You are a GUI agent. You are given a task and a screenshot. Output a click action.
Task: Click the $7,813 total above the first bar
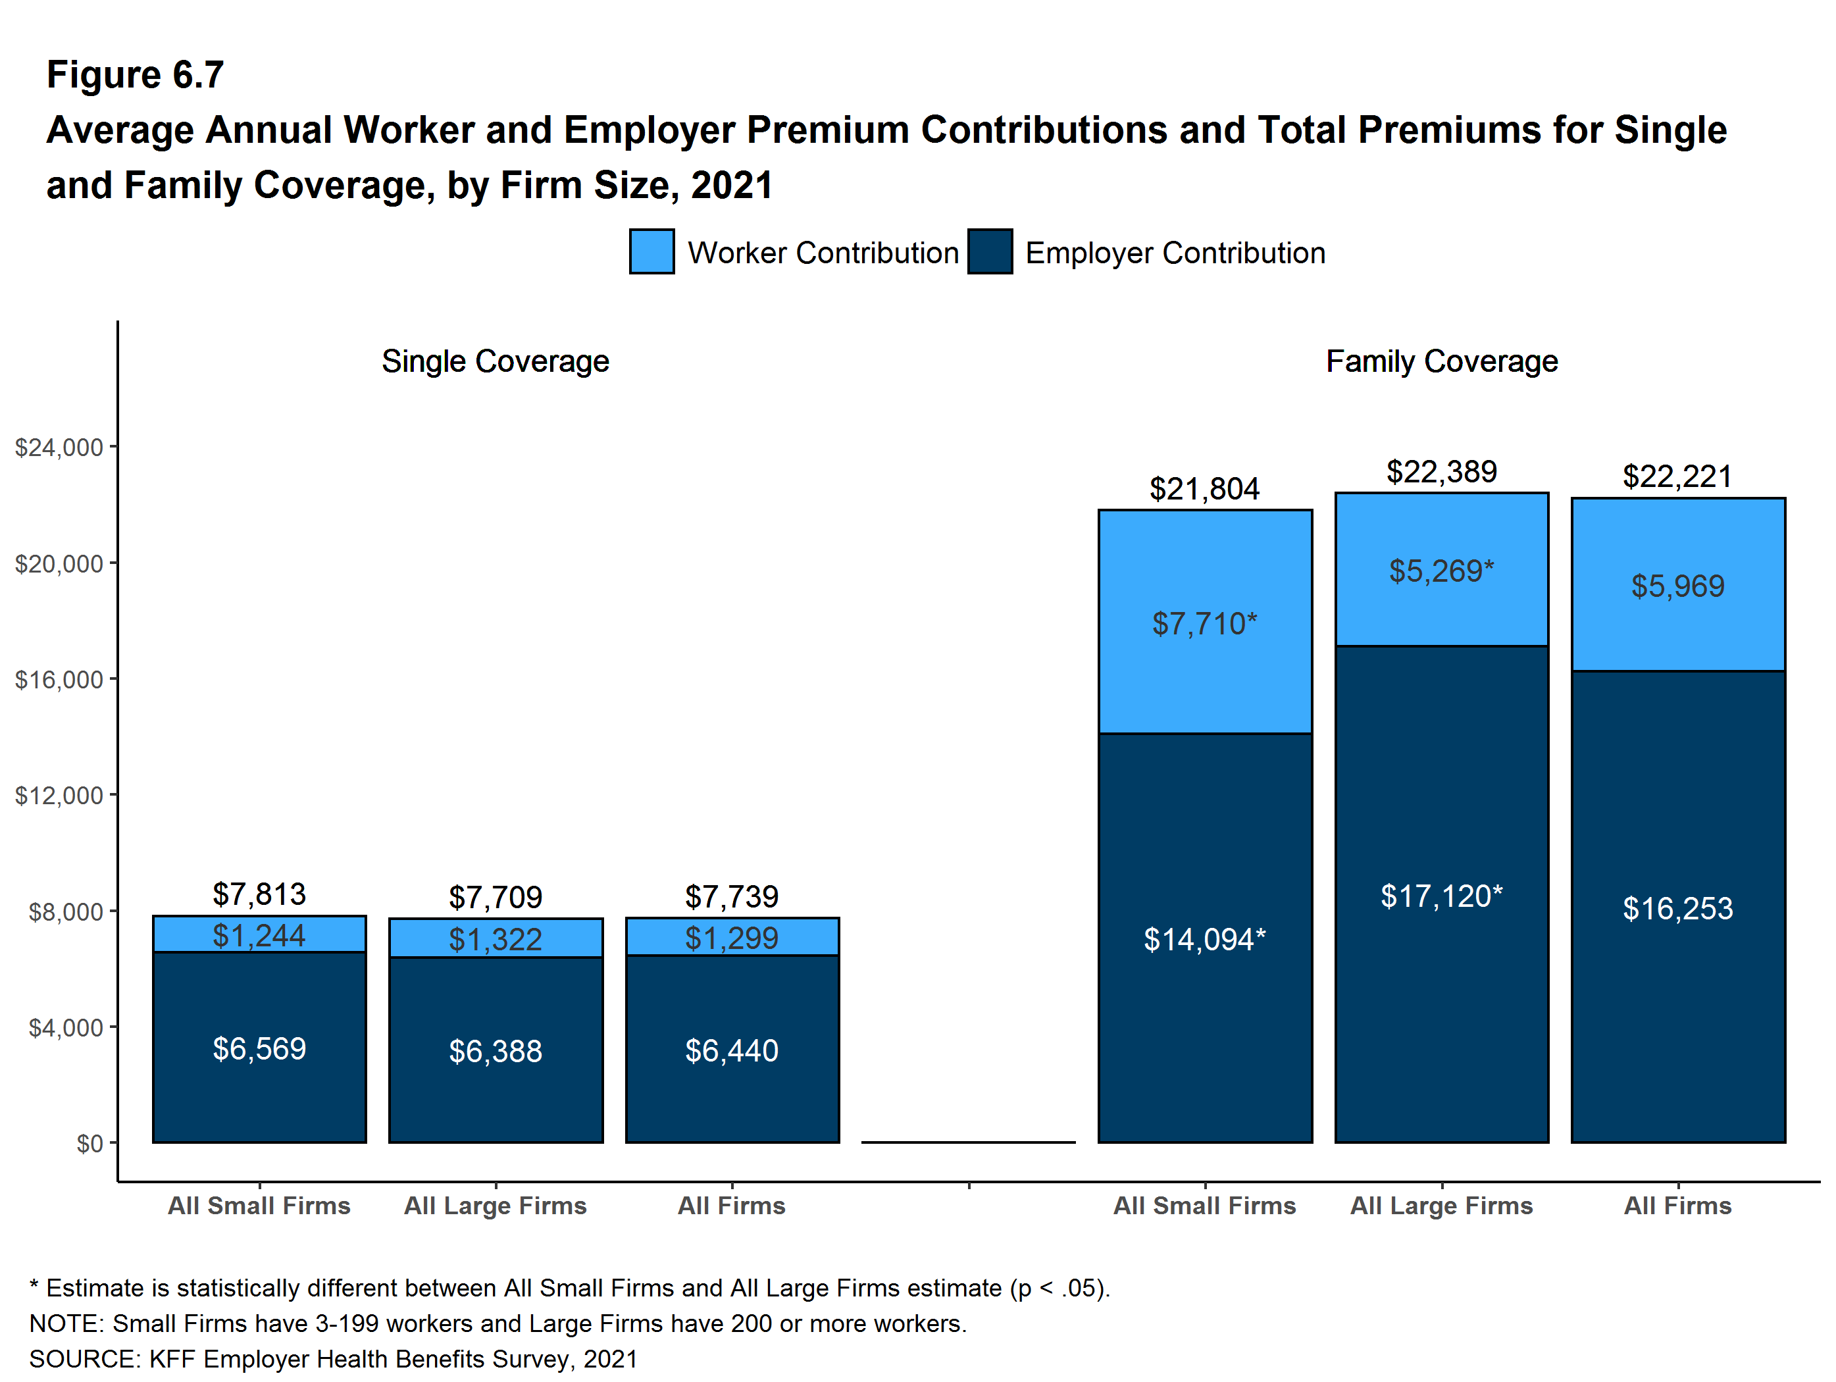[259, 894]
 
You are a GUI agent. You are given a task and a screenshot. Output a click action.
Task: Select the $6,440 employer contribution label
[731, 1051]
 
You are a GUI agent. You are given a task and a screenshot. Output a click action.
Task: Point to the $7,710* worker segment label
[1204, 623]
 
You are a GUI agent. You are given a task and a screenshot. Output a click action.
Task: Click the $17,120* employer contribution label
[1441, 896]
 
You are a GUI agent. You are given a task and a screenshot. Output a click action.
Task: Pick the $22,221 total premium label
[1677, 476]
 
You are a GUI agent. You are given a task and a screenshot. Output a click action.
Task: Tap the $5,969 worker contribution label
[1677, 586]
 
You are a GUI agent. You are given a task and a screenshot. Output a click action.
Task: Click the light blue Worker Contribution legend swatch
[651, 251]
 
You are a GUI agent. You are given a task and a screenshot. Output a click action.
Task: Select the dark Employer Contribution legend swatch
[989, 251]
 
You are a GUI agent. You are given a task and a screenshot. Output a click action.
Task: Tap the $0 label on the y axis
[89, 1144]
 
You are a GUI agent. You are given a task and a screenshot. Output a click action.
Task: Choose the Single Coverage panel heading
[496, 361]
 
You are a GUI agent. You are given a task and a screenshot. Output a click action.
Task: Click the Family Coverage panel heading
[1442, 361]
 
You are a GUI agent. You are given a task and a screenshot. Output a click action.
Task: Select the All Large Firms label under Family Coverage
[1441, 1205]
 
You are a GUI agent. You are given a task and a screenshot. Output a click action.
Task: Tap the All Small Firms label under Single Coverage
[259, 1205]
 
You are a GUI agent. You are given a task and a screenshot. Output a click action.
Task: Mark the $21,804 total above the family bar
[1204, 489]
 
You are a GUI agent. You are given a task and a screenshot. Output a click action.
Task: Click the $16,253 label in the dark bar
[1677, 909]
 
